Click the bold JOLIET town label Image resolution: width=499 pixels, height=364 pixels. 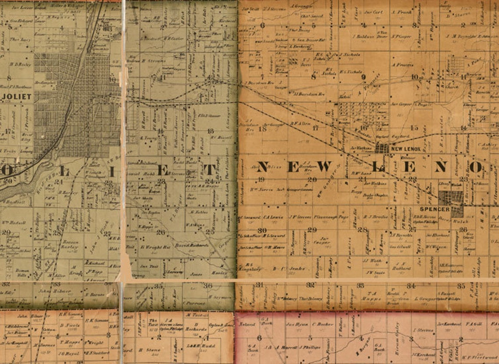click(x=17, y=96)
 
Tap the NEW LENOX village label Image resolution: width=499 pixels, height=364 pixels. click(x=405, y=149)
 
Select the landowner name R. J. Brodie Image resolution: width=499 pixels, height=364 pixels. click(x=376, y=217)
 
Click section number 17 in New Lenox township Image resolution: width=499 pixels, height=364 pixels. click(x=316, y=128)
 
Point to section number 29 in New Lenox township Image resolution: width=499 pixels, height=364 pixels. click(x=312, y=230)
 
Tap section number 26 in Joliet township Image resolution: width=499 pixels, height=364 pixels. click(x=161, y=232)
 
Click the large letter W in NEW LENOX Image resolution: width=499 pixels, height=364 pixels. click(x=324, y=167)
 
